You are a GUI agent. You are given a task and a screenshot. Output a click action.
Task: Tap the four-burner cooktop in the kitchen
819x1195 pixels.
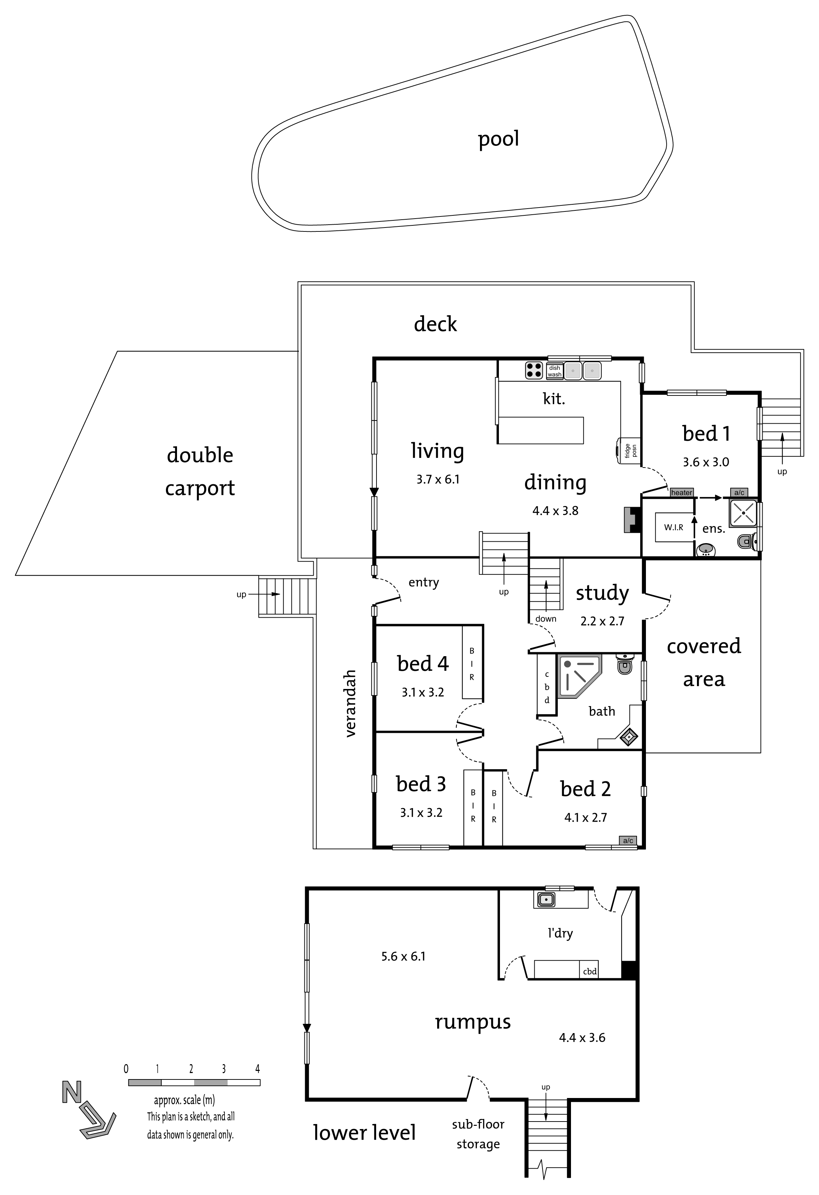click(x=534, y=370)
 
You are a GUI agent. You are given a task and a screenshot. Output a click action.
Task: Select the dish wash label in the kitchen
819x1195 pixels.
click(x=554, y=371)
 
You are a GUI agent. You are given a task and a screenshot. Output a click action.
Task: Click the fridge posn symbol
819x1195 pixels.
click(x=628, y=450)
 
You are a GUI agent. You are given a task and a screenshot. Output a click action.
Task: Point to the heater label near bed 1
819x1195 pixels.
click(x=681, y=492)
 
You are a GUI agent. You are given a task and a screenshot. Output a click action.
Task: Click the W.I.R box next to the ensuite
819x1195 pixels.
click(x=673, y=527)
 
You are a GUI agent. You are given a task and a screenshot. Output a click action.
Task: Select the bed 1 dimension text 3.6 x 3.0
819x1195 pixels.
click(x=706, y=462)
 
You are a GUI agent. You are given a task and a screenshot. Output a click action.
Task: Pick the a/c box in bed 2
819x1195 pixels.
click(x=628, y=841)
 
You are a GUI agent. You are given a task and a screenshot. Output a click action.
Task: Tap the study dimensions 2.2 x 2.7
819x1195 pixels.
click(x=602, y=621)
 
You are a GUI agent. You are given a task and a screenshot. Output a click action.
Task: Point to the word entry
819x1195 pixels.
click(x=423, y=583)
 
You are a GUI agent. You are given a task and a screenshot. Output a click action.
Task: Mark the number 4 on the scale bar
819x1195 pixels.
click(x=257, y=1069)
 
